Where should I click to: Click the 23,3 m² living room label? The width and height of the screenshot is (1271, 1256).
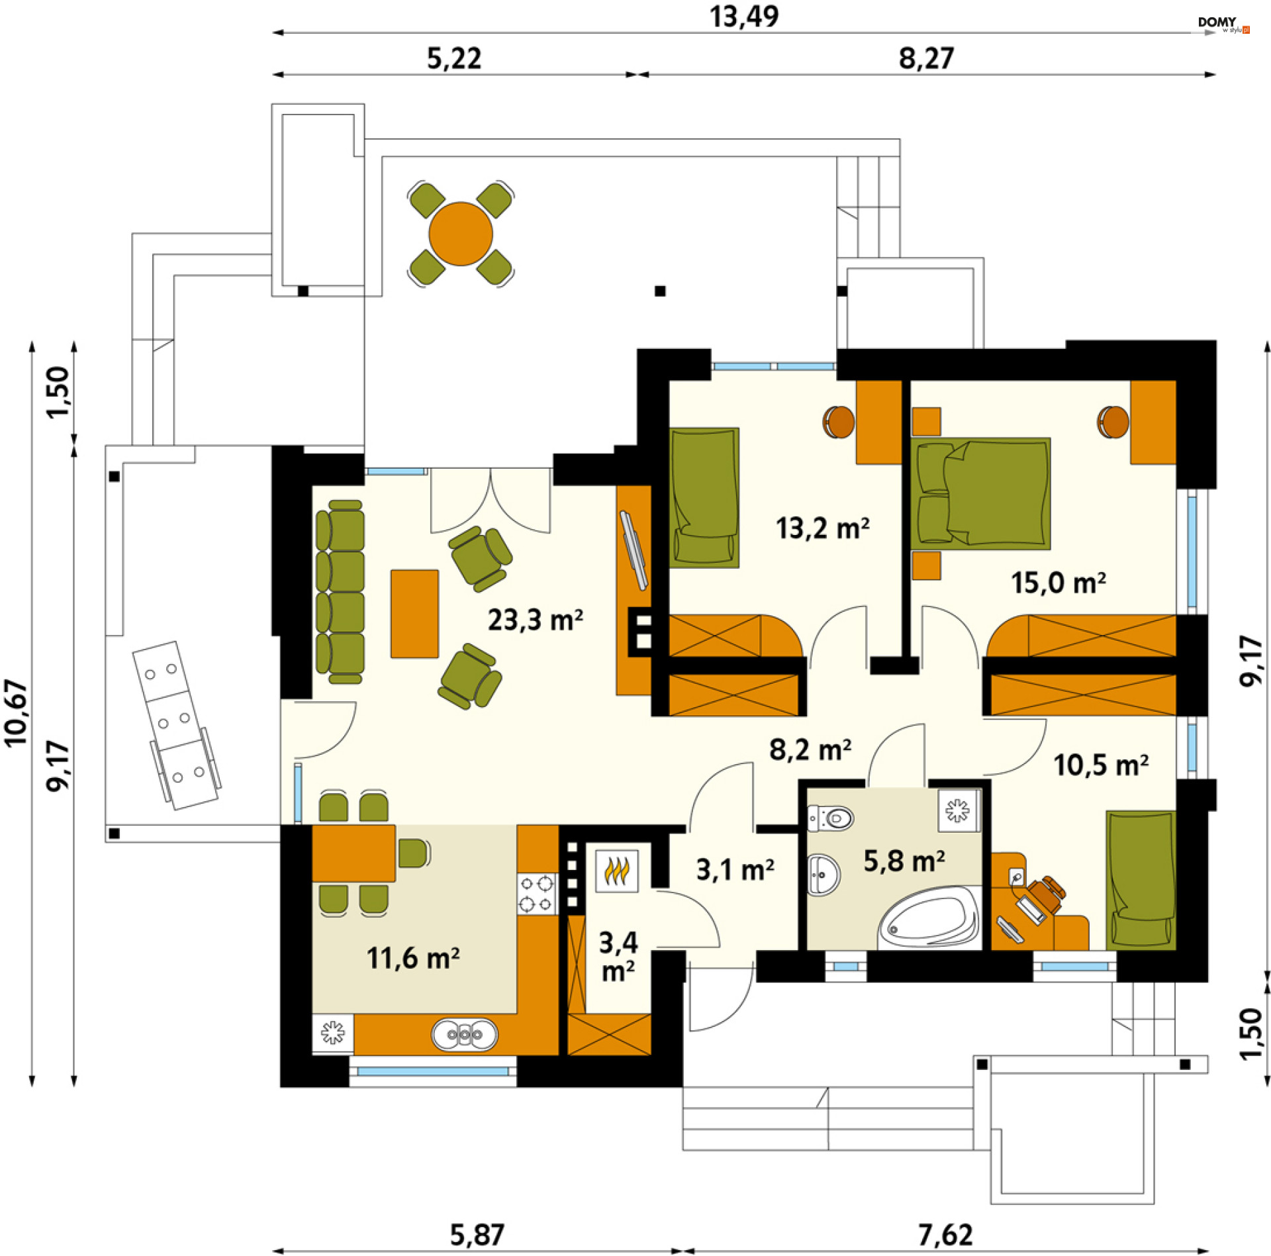click(535, 620)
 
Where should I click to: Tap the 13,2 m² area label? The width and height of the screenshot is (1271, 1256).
click(822, 528)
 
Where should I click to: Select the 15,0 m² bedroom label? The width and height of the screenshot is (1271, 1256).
click(1058, 583)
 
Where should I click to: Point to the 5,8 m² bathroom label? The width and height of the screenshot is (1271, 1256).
click(904, 861)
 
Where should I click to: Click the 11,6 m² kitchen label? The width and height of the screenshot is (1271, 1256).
click(413, 958)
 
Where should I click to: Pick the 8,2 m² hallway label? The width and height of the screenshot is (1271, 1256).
click(810, 749)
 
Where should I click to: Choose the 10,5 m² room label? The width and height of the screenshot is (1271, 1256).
click(1101, 765)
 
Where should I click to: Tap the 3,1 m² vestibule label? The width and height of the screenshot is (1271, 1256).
click(735, 870)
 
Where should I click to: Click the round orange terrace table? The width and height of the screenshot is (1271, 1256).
click(461, 234)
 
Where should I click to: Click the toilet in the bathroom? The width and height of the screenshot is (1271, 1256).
click(831, 818)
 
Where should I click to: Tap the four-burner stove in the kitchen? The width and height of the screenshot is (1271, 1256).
click(537, 893)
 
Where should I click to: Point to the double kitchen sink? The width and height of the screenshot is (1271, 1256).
click(465, 1034)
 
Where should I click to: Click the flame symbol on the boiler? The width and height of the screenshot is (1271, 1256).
click(616, 871)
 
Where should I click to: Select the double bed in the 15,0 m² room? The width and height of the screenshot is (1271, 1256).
click(980, 493)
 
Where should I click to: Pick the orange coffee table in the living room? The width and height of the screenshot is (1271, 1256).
click(414, 614)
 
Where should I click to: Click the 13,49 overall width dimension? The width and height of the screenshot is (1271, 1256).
click(744, 17)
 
